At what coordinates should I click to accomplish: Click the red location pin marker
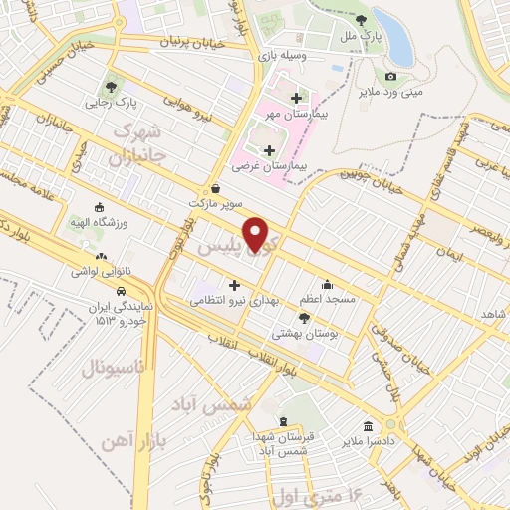point(258,233)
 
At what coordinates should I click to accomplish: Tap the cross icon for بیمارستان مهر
point(296,98)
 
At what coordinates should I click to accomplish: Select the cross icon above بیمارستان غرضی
point(269,150)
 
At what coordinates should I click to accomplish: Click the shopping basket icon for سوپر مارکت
point(216,188)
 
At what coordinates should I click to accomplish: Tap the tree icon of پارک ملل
point(361,20)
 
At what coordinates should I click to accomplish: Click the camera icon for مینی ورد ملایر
point(390,76)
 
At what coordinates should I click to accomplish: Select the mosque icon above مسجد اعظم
point(326,283)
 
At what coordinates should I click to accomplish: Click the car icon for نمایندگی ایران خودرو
point(120,292)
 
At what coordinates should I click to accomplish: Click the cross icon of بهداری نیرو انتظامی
point(234,285)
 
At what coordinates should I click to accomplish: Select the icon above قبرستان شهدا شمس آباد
point(283,421)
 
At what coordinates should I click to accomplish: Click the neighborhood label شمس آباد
point(222,407)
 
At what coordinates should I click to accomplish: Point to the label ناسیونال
point(114,369)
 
